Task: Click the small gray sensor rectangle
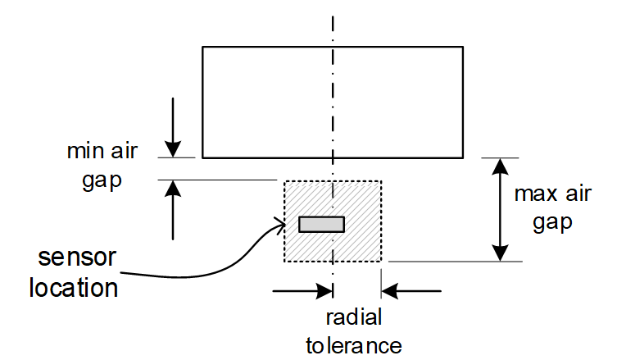[x=321, y=224]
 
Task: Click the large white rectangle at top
[x=332, y=102]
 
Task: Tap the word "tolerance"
[x=354, y=345]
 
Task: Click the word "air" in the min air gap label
[x=125, y=153]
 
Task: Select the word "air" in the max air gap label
[x=575, y=195]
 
